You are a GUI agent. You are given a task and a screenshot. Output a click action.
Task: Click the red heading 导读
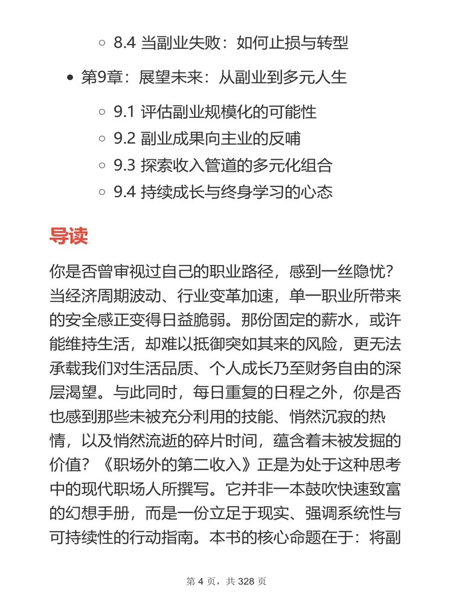click(68, 236)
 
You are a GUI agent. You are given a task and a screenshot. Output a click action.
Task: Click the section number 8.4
click(124, 43)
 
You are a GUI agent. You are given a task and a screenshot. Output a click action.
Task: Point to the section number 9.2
click(124, 139)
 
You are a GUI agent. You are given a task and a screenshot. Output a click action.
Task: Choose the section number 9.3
click(124, 166)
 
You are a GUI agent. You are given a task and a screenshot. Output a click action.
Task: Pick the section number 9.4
click(124, 192)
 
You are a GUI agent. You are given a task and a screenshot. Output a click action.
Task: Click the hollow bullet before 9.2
click(103, 139)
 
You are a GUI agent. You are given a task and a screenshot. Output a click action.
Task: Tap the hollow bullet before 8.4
click(103, 43)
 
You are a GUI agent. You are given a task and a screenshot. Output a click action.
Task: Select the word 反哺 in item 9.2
click(287, 139)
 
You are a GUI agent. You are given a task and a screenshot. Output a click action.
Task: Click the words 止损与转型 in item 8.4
click(311, 43)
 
